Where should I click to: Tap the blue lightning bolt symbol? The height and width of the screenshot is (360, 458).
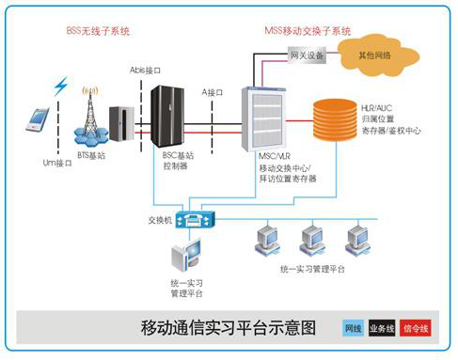tap(61, 86)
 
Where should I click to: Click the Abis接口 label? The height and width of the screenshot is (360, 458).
tap(148, 70)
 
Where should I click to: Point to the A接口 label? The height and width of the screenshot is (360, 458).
tap(213, 92)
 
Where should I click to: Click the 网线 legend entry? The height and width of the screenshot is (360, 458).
tap(353, 329)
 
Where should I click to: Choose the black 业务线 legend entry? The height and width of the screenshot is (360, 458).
tap(383, 329)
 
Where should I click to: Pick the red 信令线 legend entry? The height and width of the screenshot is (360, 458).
tap(415, 329)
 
